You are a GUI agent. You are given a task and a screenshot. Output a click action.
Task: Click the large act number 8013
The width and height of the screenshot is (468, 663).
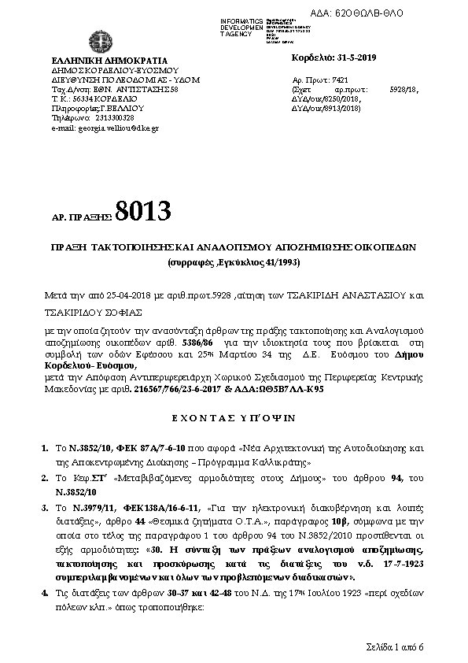click(142, 211)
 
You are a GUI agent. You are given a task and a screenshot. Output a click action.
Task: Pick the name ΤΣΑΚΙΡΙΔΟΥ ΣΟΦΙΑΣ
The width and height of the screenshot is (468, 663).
click(89, 311)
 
